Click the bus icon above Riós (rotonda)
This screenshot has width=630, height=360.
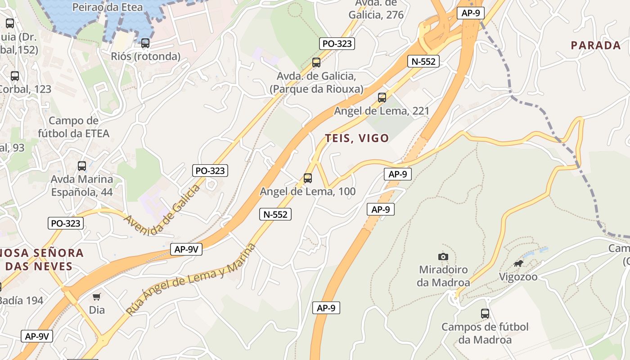pos(145,43)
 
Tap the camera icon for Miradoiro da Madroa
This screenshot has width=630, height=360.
pos(443,256)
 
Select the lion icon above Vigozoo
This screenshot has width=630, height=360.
pos(518,263)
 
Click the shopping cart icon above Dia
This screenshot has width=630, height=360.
pos(97,297)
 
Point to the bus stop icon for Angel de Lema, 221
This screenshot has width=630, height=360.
pos(382,97)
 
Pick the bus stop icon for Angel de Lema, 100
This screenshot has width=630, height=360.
pos(308,178)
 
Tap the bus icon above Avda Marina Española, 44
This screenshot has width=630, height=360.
pos(82,166)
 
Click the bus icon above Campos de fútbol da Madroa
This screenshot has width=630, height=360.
pos(485,314)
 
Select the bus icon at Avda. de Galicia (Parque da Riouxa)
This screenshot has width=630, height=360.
pos(316,63)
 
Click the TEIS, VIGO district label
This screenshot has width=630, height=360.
pos(357,138)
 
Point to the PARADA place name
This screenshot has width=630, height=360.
pos(596,45)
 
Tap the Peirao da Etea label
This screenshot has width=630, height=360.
pos(108,7)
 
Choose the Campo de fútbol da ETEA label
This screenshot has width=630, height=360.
pos(73,127)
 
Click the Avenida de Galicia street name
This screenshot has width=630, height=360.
pos(162,210)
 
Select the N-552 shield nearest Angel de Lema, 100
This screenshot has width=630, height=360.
pos(275,214)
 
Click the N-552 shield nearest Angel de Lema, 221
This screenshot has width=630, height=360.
pos(423,61)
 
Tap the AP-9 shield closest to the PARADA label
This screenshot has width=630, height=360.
pos(471,13)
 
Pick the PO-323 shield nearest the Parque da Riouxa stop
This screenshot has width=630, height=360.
pos(337,44)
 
